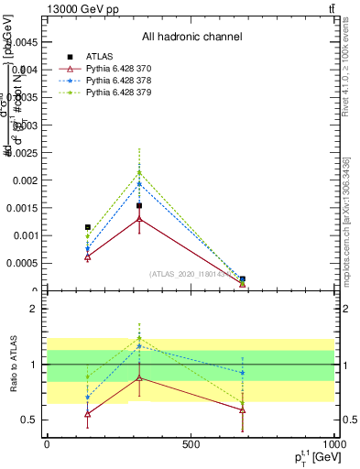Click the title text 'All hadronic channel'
tap(191, 38)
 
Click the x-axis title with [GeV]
tap(310, 455)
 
